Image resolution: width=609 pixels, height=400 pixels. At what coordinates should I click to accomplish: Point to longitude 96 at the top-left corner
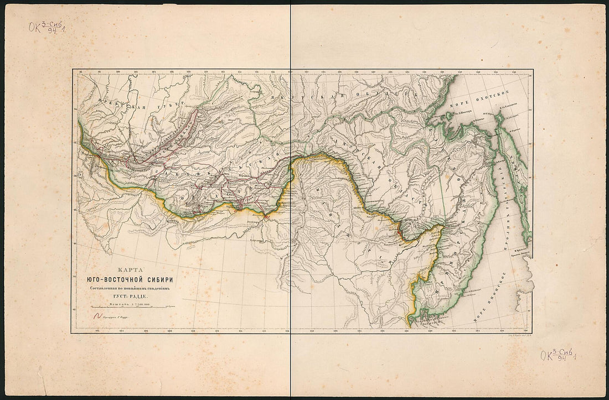pyautogui.click(x=81, y=72)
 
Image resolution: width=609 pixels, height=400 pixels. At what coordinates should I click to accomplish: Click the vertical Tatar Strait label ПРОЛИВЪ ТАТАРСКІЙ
pyautogui.click(x=503, y=194)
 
